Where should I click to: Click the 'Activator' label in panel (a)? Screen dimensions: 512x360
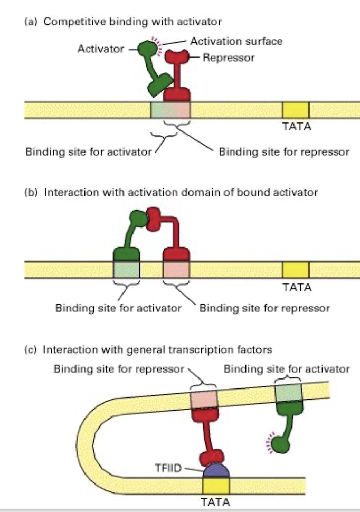point(100,49)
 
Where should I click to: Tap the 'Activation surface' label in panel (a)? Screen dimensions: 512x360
point(235,41)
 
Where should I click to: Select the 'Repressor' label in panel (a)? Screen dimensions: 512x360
point(229,58)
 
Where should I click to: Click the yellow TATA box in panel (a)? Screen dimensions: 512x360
point(296,109)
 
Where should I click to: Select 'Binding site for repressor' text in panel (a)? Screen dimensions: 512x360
point(283,152)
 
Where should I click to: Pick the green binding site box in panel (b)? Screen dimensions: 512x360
point(127,269)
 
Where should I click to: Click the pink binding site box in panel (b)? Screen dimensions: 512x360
point(176,269)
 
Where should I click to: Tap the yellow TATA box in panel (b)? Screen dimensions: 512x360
point(296,269)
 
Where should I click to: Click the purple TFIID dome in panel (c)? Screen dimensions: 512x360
point(216,470)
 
